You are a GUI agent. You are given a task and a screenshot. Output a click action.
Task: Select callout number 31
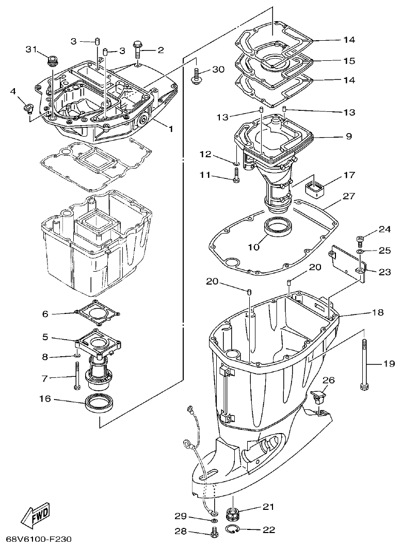click(x=32, y=49)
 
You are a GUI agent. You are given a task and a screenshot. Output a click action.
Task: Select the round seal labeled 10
click(x=278, y=227)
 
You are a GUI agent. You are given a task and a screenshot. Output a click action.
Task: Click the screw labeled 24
click(x=361, y=239)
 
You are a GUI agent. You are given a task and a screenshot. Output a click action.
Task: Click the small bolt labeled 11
click(x=236, y=178)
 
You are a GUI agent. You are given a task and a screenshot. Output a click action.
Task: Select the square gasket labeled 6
click(x=97, y=312)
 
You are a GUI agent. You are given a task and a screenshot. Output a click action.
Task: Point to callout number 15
click(x=349, y=61)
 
